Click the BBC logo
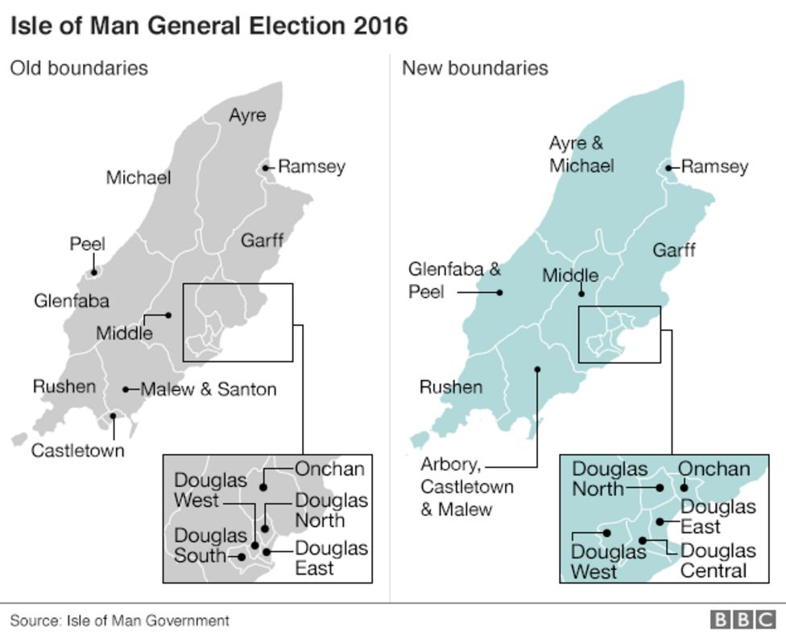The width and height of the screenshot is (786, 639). tap(742, 620)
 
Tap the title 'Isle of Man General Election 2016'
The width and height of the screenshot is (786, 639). tap(209, 26)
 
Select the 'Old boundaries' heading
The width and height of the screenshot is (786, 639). tap(79, 68)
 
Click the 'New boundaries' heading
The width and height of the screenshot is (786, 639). tap(475, 68)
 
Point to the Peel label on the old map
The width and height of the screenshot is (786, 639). tap(87, 244)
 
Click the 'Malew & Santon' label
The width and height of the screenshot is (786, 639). tap(209, 390)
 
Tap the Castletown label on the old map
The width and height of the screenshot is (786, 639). tap(77, 451)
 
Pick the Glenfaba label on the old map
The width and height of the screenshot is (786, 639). tap(72, 302)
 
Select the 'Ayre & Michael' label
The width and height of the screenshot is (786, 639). tap(581, 155)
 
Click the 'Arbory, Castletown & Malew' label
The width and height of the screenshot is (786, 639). tap(467, 487)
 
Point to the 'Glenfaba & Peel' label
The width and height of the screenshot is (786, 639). tap(454, 280)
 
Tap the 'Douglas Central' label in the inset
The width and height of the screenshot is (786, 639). tap(718, 561)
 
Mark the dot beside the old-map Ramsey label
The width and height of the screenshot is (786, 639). tap(266, 168)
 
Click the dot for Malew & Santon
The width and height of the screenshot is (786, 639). tap(126, 390)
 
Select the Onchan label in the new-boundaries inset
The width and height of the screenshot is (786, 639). tap(714, 469)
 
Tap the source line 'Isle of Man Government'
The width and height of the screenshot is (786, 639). tap(119, 620)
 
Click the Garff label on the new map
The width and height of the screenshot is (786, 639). tap(674, 250)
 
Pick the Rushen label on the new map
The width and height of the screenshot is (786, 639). tap(451, 387)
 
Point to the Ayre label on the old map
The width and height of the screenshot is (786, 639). tap(247, 115)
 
